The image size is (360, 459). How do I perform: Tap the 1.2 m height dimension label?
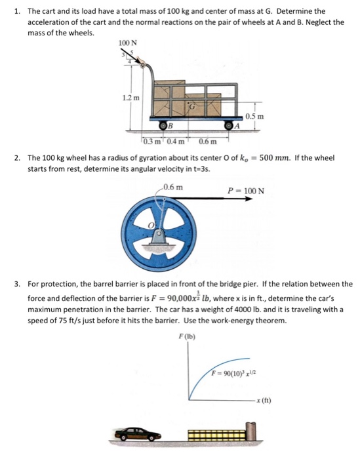[131, 98]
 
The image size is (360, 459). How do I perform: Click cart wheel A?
[230, 125]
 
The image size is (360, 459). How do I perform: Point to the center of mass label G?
[193, 105]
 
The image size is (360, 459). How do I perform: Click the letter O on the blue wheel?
[150, 226]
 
